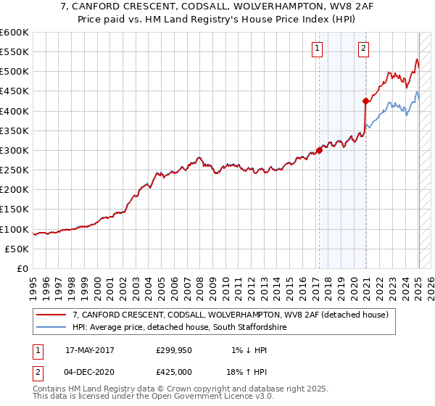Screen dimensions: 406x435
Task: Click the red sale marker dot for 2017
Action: click(x=319, y=151)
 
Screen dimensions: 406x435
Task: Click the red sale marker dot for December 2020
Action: click(x=365, y=101)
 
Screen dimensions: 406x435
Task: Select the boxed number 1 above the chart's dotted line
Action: click(x=318, y=49)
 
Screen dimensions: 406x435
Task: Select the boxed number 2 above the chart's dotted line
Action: click(x=363, y=49)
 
